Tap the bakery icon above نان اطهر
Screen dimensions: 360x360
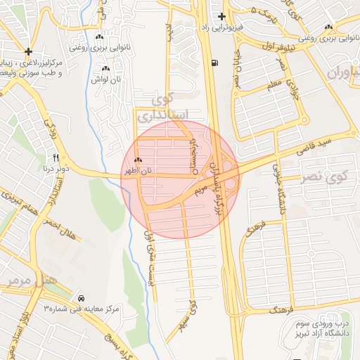click(x=138, y=160)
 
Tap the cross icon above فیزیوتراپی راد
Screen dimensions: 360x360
click(x=221, y=16)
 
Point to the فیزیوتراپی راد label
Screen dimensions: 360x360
click(x=221, y=27)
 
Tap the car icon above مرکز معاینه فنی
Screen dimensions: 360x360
click(x=82, y=298)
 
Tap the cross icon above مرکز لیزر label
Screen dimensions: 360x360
click(x=27, y=51)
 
